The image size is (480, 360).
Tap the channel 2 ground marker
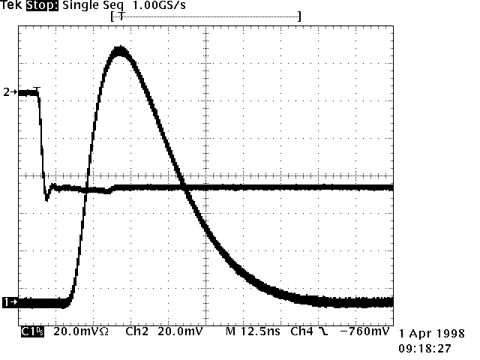(7, 92)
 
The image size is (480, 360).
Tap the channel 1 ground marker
(8, 302)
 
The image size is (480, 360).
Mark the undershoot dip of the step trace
(47, 198)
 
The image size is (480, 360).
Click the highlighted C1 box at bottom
(31, 331)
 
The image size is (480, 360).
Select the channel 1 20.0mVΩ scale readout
(82, 331)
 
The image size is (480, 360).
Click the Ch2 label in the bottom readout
(136, 331)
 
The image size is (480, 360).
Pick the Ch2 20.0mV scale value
(179, 331)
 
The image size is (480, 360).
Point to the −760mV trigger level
(364, 331)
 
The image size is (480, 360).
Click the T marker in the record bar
(120, 16)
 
